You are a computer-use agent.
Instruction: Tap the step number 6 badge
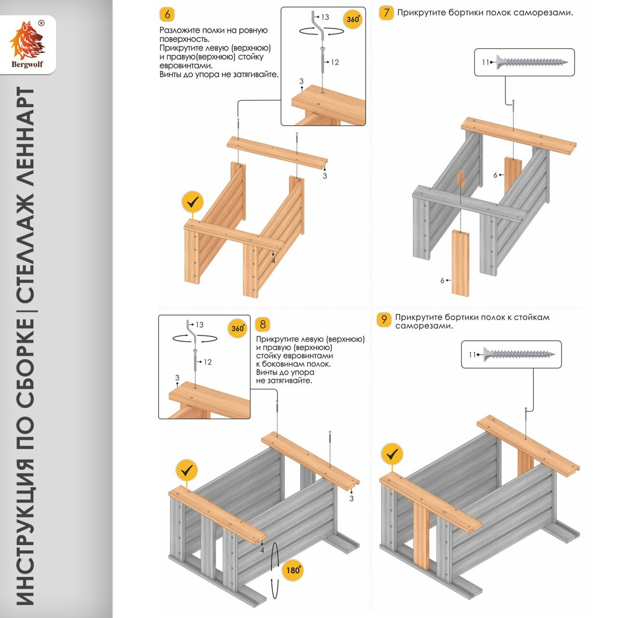[x=167, y=14]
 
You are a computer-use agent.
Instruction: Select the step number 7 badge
[x=386, y=13]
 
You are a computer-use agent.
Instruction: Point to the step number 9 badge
[x=384, y=319]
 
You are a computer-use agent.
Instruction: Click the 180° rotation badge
[x=294, y=570]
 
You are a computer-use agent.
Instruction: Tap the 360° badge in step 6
[x=353, y=19]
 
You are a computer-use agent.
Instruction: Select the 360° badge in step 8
[x=238, y=328]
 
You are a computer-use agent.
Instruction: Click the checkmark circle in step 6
[x=193, y=202]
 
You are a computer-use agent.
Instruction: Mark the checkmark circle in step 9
[x=392, y=454]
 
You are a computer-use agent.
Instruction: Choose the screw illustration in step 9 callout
[x=519, y=354]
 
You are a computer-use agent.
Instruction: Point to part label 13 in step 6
[x=325, y=17]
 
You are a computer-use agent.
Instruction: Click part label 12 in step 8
[x=208, y=362]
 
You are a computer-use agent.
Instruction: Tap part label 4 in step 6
[x=273, y=261]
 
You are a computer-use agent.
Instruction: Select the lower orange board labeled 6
[x=460, y=263]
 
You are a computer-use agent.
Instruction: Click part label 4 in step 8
[x=262, y=550]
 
